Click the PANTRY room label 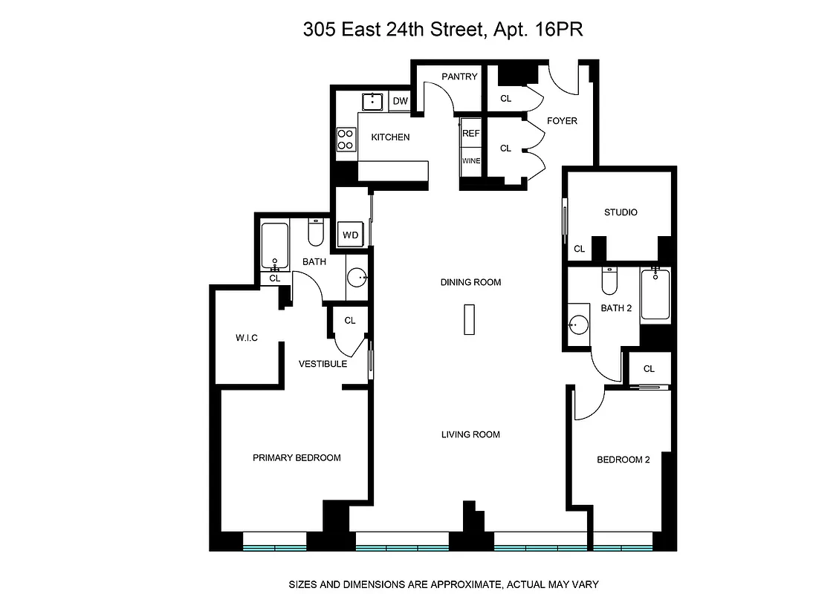[459, 76]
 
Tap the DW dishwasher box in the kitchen [400, 101]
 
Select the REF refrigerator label [471, 134]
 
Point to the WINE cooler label [471, 161]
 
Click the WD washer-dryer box [350, 235]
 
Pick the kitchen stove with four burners [346, 140]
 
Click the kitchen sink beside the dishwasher [372, 101]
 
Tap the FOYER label [562, 121]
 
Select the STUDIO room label [620, 212]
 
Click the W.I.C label [247, 339]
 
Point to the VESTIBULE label [323, 364]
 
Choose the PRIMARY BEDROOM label [297, 457]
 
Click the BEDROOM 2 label [623, 460]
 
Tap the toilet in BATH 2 [609, 281]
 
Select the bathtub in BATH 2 [655, 294]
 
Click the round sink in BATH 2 [579, 325]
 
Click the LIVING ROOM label [470, 434]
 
